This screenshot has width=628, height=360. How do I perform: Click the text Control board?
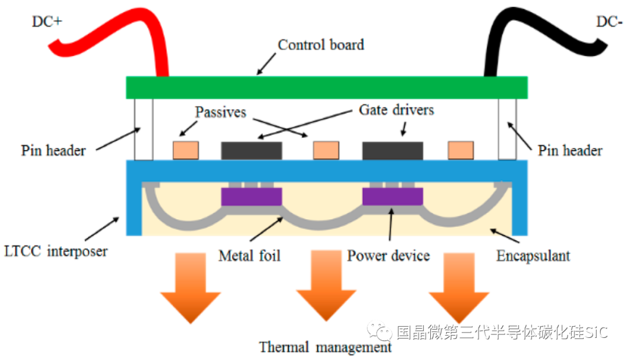click(x=321, y=45)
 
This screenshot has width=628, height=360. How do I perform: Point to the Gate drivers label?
click(x=396, y=109)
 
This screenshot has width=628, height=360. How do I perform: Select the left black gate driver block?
click(x=252, y=151)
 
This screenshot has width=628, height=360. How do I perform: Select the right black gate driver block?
click(x=392, y=151)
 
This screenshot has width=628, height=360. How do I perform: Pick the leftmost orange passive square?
click(x=185, y=151)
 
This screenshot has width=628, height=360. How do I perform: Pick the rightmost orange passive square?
click(x=461, y=151)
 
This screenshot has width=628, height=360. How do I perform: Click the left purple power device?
click(x=252, y=197)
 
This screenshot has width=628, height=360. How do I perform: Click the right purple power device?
click(x=392, y=197)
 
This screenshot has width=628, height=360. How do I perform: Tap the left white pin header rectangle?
click(x=144, y=129)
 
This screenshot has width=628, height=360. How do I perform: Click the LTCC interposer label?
click(x=55, y=252)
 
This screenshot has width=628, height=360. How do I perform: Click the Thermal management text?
click(x=325, y=348)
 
